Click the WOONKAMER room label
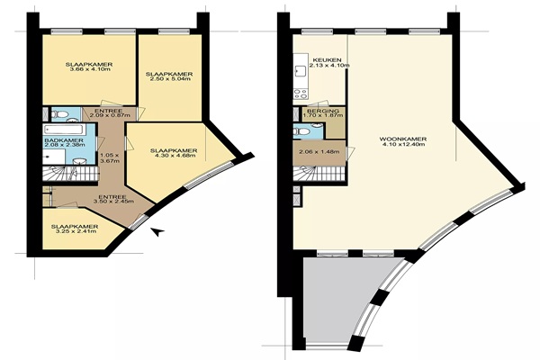coord(403,139)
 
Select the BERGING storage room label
coord(323,111)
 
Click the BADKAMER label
coord(64,140)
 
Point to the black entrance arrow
coord(157,231)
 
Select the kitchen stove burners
coord(301,94)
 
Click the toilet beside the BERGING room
coord(301,131)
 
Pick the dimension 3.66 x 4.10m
coord(89,69)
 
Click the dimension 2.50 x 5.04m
coord(169,79)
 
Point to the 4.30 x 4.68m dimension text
coord(174,156)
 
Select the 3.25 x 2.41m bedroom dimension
coord(75,231)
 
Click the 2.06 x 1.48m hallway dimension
coord(319,152)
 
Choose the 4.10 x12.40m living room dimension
coord(403,144)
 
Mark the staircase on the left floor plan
coord(70,173)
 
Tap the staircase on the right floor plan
coord(319,173)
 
